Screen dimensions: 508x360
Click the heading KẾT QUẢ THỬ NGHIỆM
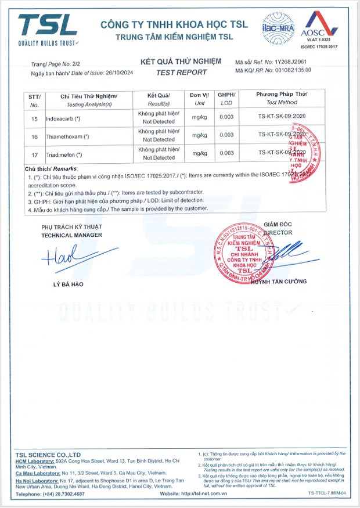[x=181, y=61]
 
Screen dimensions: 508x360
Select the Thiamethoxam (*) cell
[x=75, y=136]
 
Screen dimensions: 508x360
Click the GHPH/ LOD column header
[x=226, y=99]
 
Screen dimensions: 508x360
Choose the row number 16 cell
[x=34, y=136]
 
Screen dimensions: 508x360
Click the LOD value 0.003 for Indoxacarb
[x=226, y=118]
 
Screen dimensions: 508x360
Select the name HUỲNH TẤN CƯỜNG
[x=279, y=282]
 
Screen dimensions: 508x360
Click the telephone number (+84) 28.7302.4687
[x=59, y=493]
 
